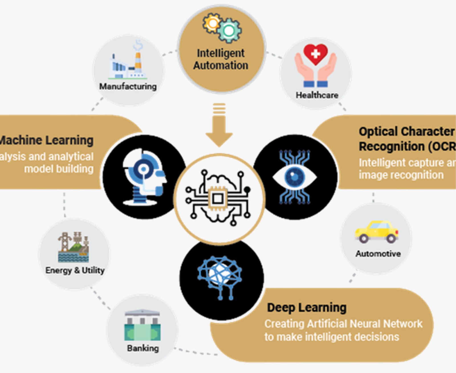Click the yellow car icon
click(376, 232)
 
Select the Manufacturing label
click(128, 86)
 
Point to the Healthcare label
click(317, 95)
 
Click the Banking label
click(143, 348)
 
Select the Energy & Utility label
click(75, 270)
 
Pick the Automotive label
click(378, 254)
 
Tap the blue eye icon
click(295, 177)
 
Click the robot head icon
click(144, 177)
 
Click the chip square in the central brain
click(218, 198)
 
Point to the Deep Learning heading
click(307, 308)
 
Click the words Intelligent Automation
click(221, 59)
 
